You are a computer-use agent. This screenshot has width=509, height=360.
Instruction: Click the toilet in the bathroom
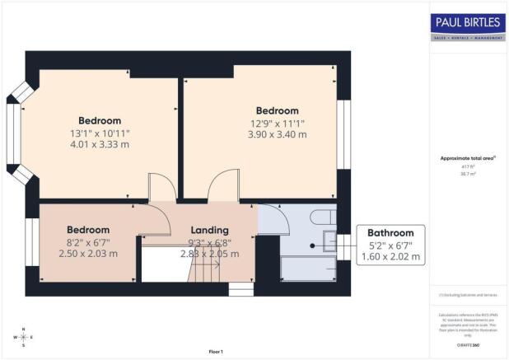[322, 217]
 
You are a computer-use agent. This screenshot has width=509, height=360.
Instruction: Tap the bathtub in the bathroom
[309, 269]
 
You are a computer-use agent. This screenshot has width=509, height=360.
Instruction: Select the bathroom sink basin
[330, 241]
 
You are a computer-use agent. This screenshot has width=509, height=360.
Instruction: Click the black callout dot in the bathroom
[313, 245]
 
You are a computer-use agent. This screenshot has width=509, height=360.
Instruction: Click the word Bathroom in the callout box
[390, 233]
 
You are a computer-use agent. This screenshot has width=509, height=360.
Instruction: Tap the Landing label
[210, 230]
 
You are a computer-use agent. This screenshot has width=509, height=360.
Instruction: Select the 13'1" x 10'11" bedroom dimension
[100, 133]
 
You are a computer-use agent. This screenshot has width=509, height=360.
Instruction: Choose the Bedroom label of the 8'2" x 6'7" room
[88, 230]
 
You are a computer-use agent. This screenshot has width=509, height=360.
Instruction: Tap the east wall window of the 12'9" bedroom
[343, 135]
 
